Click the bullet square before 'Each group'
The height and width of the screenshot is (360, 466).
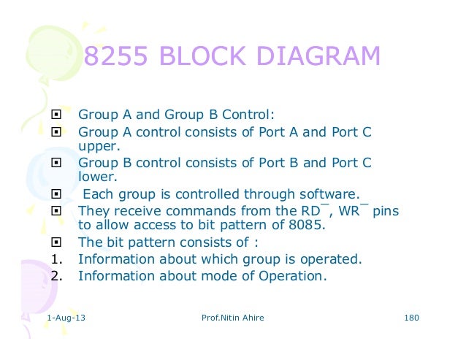[x=56, y=194]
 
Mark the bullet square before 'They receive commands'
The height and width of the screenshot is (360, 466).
[x=56, y=210]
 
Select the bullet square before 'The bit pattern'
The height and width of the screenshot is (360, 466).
[x=56, y=242]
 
